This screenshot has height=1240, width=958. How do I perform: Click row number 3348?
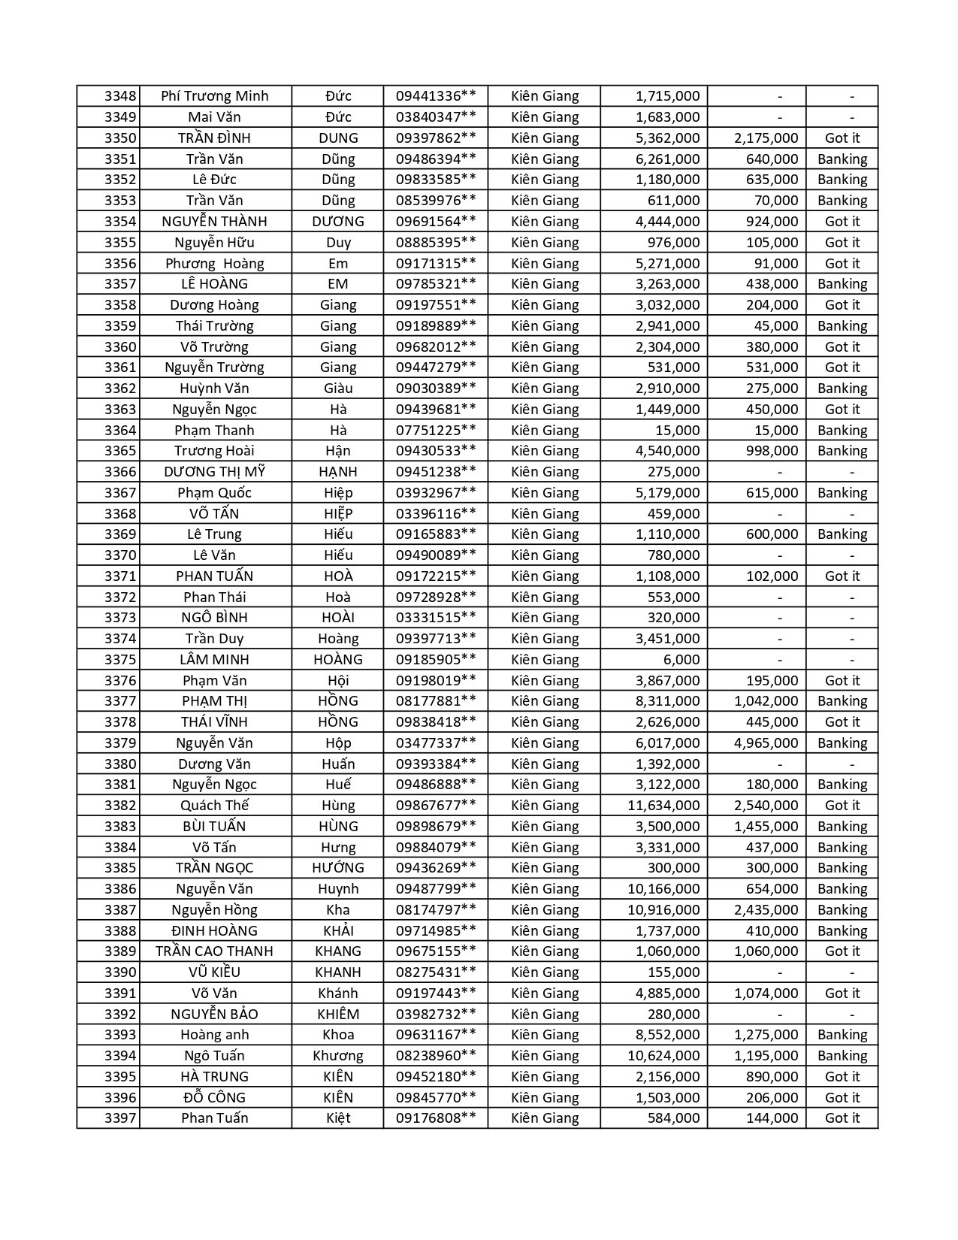click(x=120, y=96)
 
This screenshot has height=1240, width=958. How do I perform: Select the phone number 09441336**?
click(x=436, y=96)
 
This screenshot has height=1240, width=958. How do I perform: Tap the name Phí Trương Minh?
click(x=215, y=96)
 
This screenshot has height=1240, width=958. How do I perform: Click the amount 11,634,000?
click(x=663, y=806)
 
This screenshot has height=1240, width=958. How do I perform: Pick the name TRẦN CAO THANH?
click(x=215, y=951)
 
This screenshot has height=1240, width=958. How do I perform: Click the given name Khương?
click(x=338, y=1056)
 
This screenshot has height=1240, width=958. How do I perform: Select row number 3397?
click(x=120, y=1118)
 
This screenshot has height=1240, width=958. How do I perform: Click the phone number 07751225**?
click(x=436, y=431)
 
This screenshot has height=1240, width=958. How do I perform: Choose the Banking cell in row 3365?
click(x=842, y=451)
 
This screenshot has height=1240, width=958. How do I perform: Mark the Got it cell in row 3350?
click(x=842, y=138)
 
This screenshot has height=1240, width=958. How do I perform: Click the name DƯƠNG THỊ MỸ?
click(x=215, y=472)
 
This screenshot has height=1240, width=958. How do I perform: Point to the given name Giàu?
click(x=338, y=389)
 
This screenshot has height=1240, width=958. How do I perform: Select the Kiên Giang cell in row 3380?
click(x=545, y=764)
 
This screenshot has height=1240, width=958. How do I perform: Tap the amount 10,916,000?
click(x=663, y=910)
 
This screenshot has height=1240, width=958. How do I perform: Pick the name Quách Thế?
click(x=215, y=806)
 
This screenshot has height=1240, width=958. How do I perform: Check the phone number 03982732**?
click(x=436, y=1015)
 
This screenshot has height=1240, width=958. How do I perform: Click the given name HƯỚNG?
click(x=338, y=868)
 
